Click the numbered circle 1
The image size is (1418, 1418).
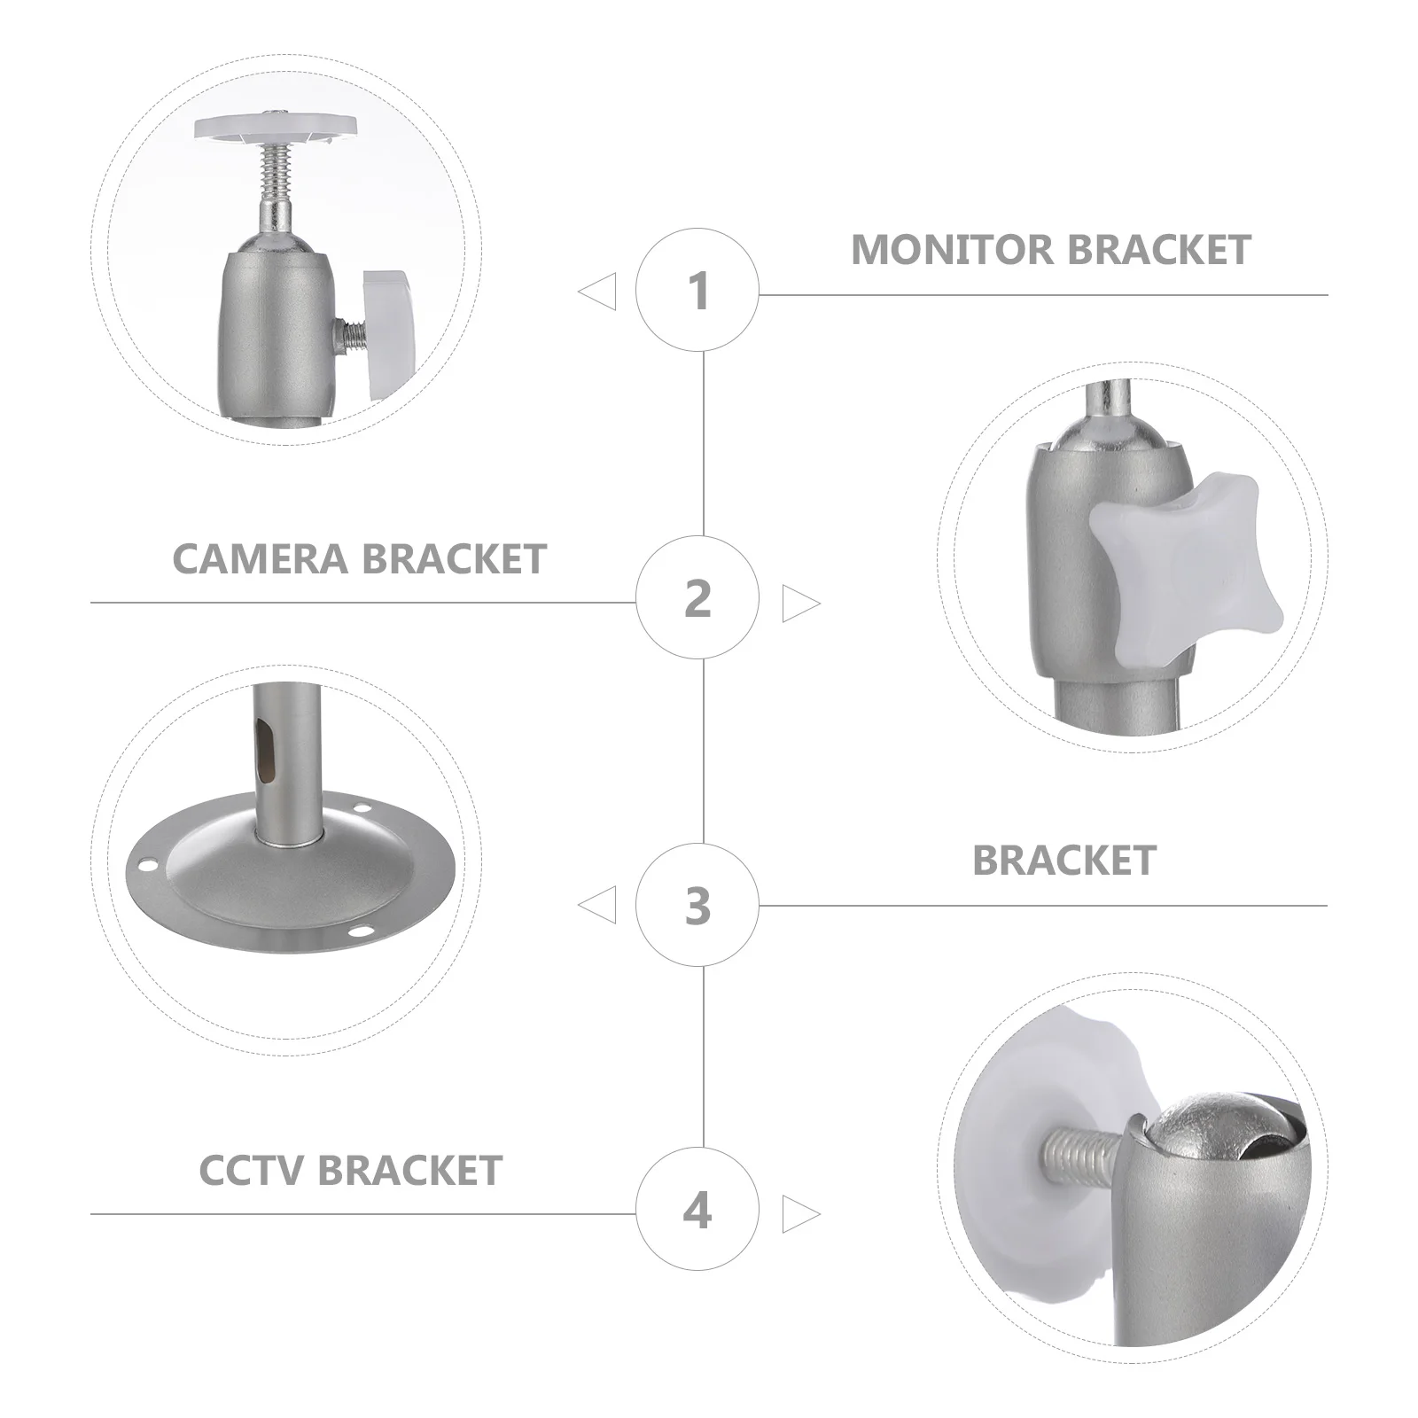(x=697, y=290)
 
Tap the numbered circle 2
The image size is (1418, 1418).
(x=697, y=598)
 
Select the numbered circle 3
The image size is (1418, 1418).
(x=697, y=905)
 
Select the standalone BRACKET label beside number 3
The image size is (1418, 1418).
(x=1063, y=861)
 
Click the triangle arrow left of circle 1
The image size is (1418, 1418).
(x=599, y=292)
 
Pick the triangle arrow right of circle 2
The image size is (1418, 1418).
(x=799, y=604)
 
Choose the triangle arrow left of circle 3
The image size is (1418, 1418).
(x=599, y=906)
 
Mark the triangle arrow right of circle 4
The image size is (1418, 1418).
(x=799, y=1214)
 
